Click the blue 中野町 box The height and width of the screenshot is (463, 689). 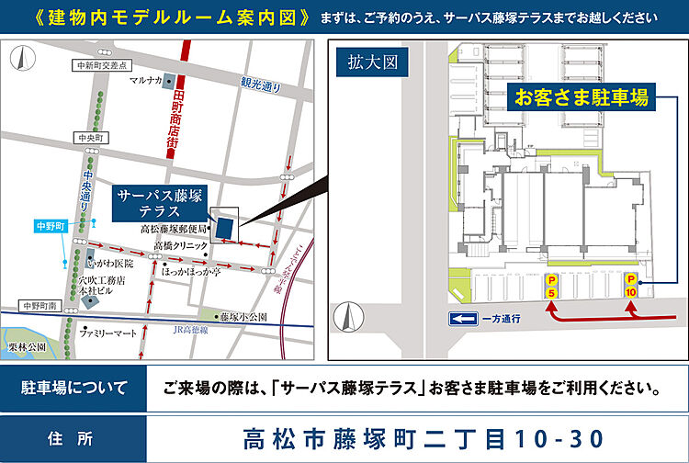(46, 225)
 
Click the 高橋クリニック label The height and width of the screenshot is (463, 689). (175, 246)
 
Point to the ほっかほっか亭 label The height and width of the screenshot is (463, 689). (192, 272)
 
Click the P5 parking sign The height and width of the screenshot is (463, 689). (551, 286)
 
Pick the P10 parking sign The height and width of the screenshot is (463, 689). (630, 285)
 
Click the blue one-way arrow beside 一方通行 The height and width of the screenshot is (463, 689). (460, 320)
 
